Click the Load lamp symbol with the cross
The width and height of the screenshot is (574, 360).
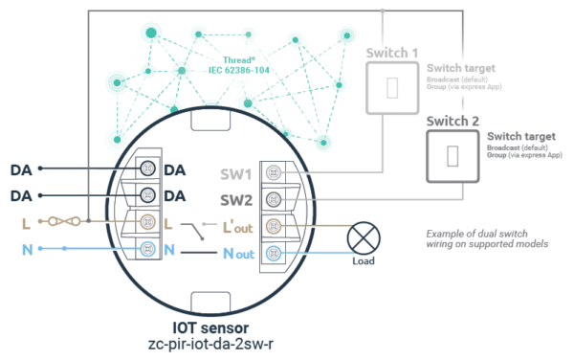(363, 236)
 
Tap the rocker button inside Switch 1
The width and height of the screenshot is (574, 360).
(391, 88)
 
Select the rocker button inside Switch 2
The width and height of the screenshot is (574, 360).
(453, 154)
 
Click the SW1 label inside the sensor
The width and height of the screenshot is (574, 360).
(236, 175)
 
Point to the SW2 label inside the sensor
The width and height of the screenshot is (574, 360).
(236, 200)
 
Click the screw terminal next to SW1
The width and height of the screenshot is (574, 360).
(275, 174)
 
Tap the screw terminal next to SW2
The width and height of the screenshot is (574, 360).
(275, 200)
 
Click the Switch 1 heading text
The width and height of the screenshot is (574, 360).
(391, 54)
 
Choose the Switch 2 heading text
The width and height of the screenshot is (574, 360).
(453, 122)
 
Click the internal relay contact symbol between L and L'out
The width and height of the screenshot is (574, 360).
(197, 230)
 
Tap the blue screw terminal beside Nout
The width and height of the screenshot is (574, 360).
(275, 253)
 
